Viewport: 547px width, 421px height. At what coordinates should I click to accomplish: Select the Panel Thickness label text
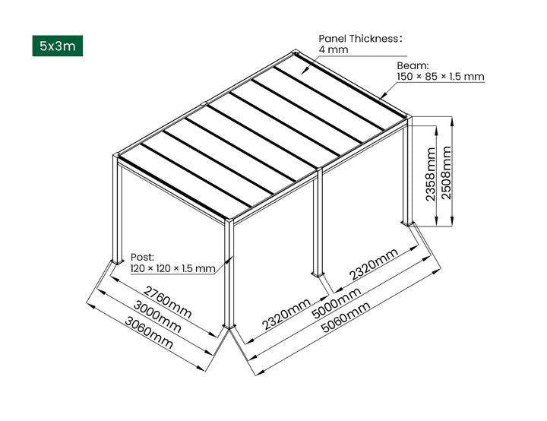359,38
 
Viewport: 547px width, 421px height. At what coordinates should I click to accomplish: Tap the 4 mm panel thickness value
333,49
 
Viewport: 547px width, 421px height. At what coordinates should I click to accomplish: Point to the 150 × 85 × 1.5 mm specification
440,77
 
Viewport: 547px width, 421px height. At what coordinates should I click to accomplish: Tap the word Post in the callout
143,258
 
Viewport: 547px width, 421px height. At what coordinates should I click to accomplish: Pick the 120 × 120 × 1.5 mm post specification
172,268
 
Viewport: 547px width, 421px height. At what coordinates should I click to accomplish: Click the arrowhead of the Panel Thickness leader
303,71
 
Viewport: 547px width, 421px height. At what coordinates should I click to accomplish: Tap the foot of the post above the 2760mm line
116,261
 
